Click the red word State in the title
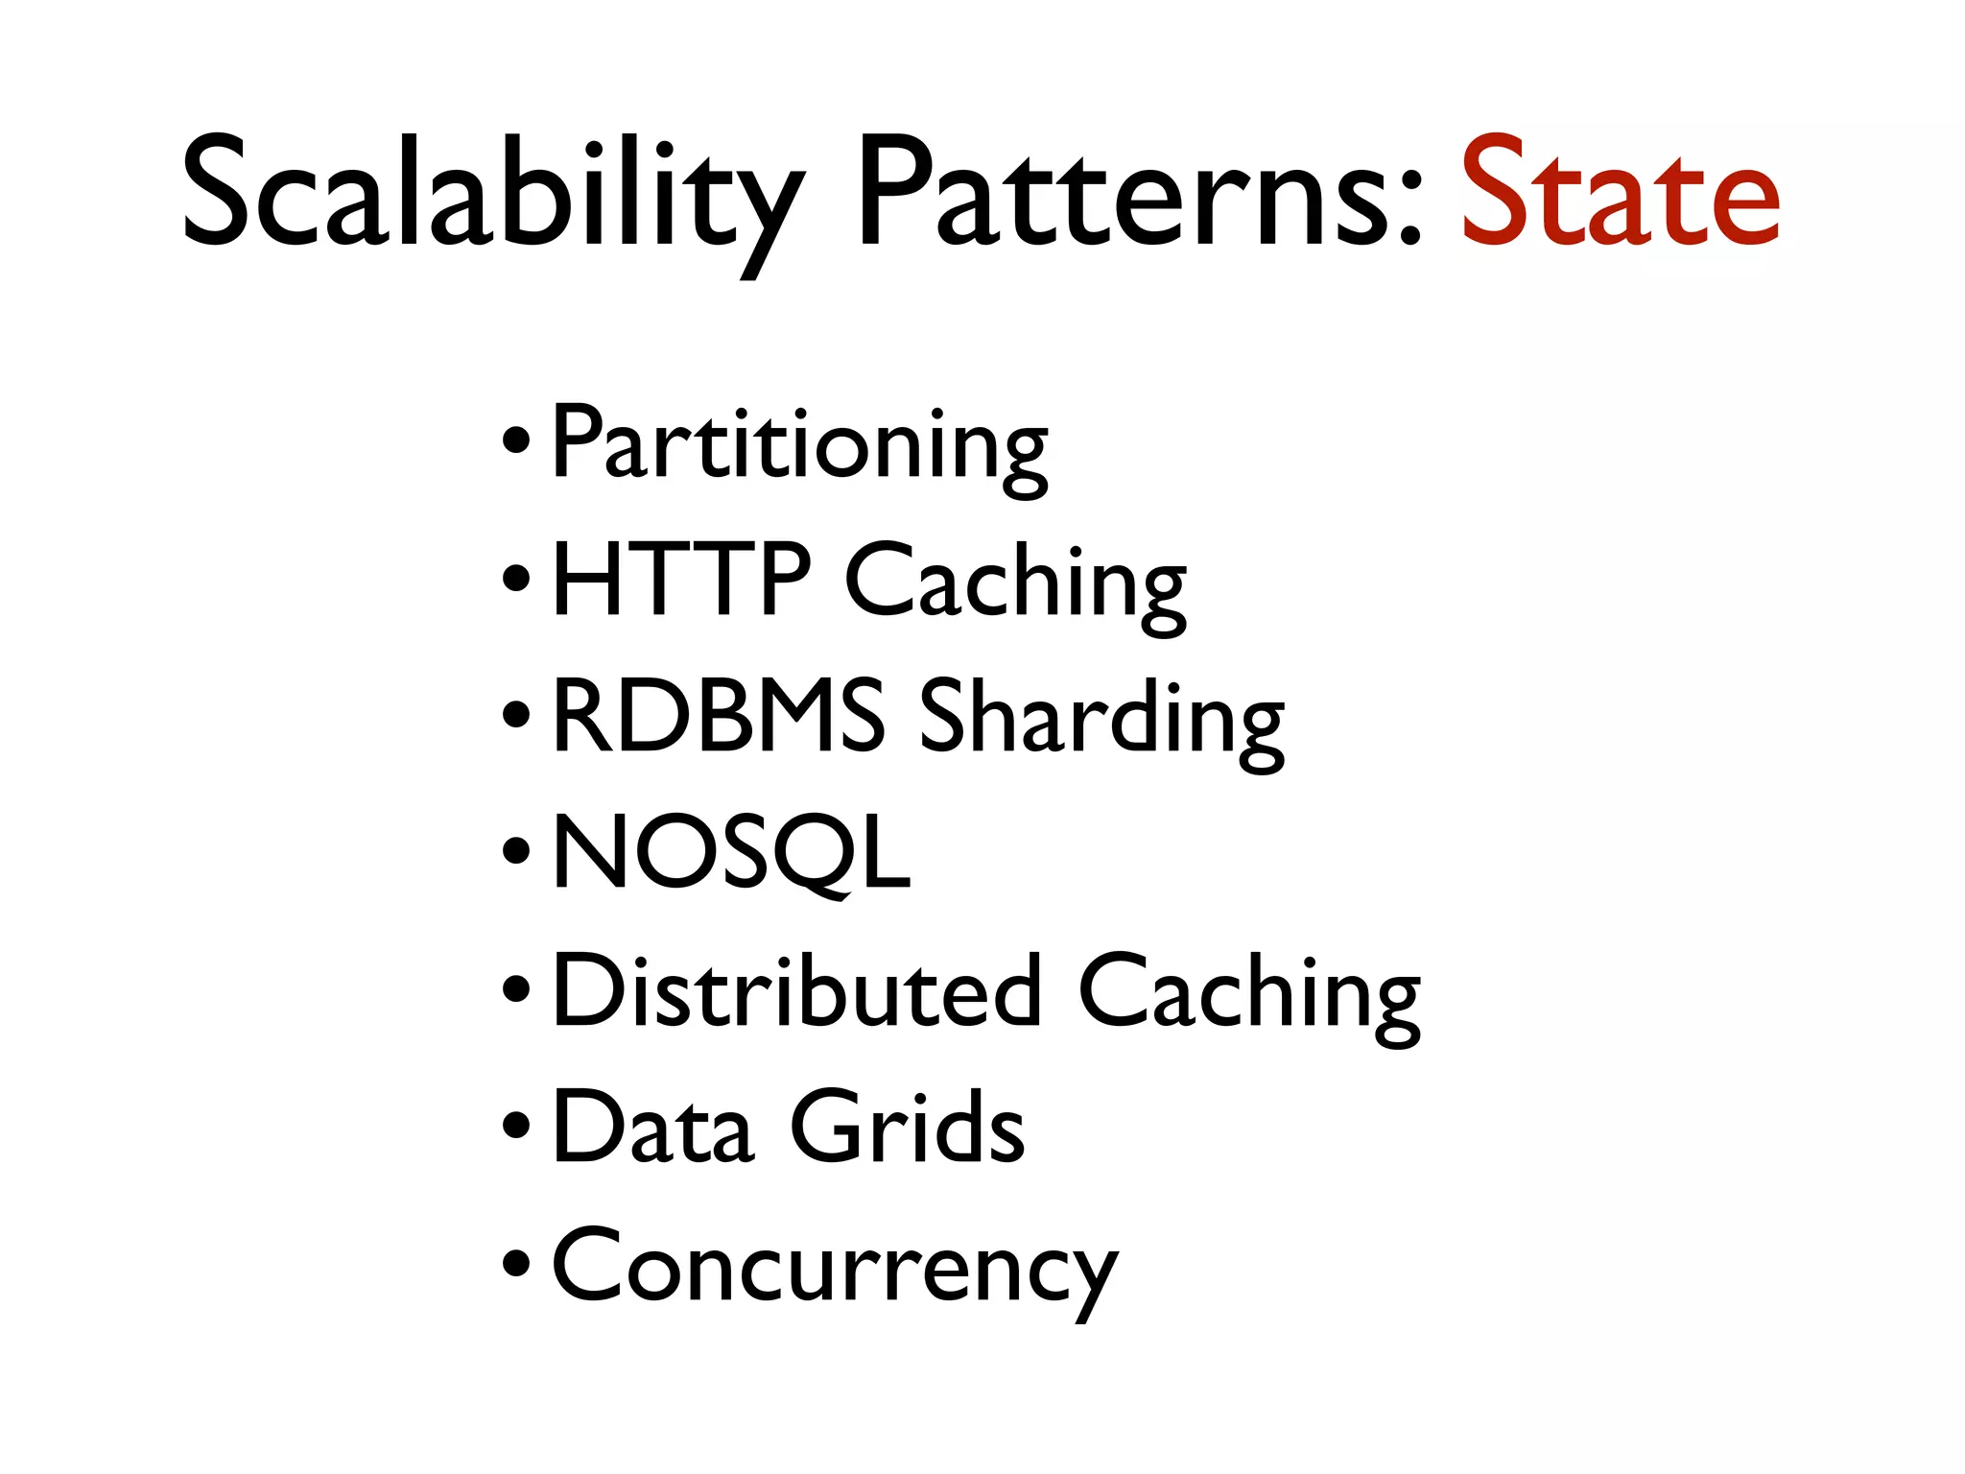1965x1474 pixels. [x=1620, y=192]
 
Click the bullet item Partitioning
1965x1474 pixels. [x=799, y=444]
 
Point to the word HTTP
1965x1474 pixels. [x=681, y=580]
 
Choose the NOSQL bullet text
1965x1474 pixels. [x=731, y=852]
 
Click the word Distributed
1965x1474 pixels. [x=796, y=990]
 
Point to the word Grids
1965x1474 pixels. [x=907, y=1127]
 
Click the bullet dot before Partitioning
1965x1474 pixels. [x=515, y=445]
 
